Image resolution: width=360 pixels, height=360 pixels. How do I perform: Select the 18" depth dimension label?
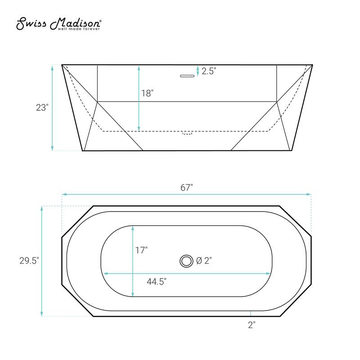148,93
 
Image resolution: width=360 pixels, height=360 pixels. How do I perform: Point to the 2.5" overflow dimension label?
209,71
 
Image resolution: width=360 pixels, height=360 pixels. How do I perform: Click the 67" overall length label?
186,188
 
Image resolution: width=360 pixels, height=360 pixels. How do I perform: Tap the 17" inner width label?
141,250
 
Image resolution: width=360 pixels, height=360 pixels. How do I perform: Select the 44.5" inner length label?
157,282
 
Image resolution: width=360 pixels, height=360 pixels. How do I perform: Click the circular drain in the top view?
185,260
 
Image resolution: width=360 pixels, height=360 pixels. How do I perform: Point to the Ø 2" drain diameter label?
204,260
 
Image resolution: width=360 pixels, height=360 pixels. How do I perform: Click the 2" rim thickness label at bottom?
251,324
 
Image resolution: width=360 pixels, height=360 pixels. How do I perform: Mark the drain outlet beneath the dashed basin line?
187,133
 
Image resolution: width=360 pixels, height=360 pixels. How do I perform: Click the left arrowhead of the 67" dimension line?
64,194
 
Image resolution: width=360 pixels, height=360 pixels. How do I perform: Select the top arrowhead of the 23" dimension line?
53,67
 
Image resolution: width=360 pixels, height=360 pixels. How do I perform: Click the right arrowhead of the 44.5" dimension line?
269,273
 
